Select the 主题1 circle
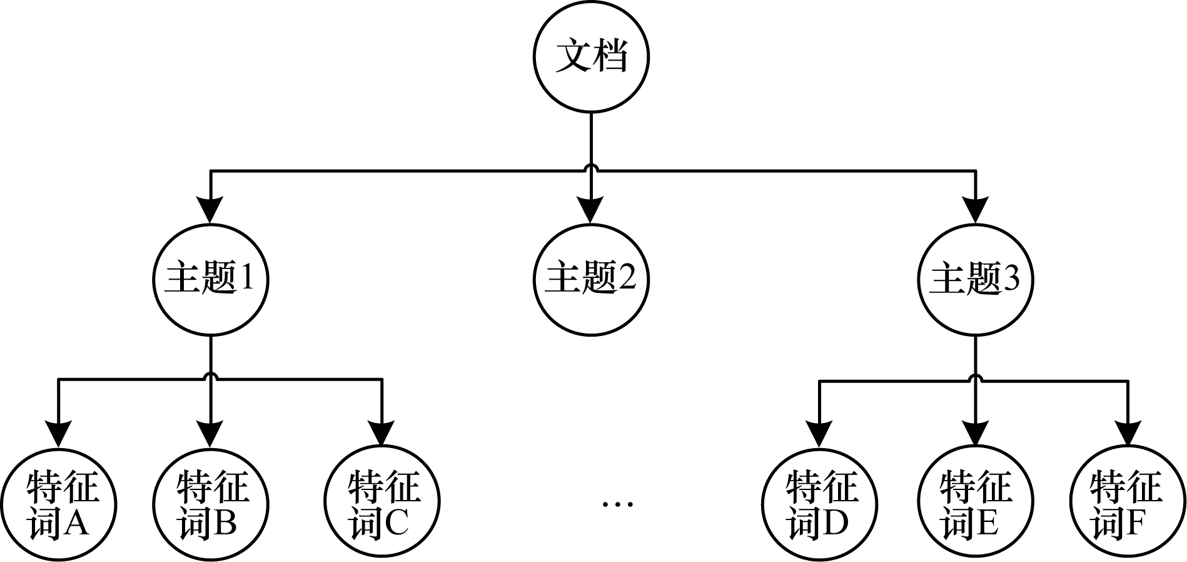coord(211,279)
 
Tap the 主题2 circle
coord(591,279)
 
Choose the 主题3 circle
coord(974,279)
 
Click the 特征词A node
coord(59,504)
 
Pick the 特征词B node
coord(211,504)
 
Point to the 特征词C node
coord(382,504)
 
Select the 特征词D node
coord(819,504)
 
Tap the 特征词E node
coord(974,504)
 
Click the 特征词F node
coord(1128,504)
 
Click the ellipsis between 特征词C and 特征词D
coord(617,503)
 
